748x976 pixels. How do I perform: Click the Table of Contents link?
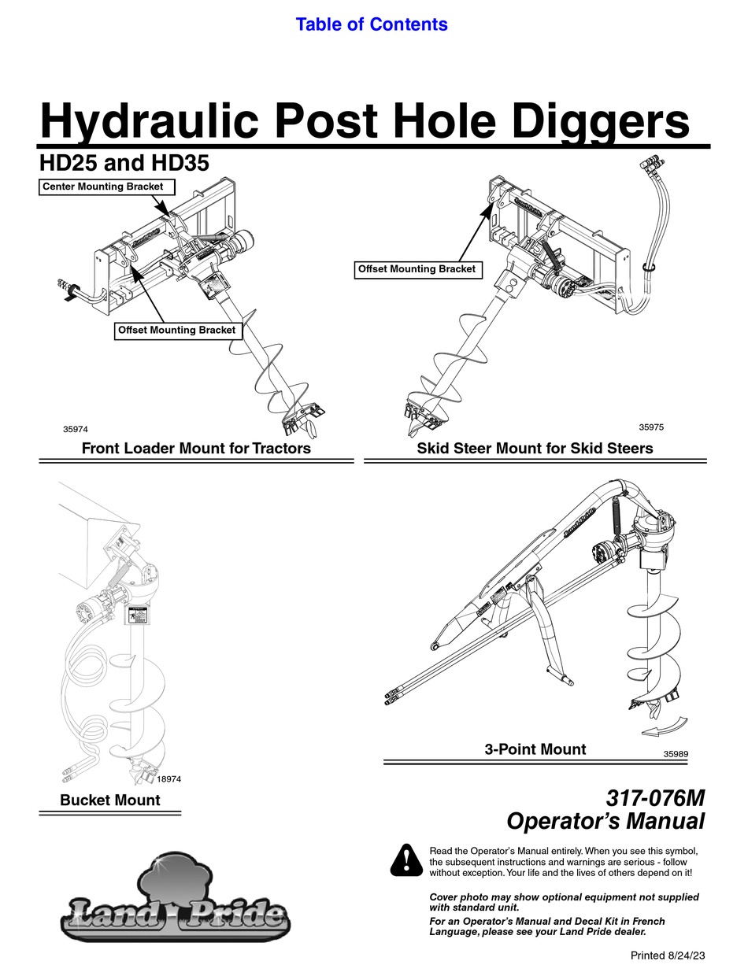coord(372,24)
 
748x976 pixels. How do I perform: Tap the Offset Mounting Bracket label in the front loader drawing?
coord(176,331)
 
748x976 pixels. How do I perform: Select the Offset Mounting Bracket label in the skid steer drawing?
coord(417,269)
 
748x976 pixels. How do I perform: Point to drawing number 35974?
coord(76,429)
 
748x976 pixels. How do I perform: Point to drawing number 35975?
coord(650,427)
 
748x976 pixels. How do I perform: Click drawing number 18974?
coord(169,778)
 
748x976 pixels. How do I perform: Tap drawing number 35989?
coord(676,753)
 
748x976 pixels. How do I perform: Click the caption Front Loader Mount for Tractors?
coord(196,449)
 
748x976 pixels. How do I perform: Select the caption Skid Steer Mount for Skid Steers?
coord(535,449)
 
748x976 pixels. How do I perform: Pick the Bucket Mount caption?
coord(110,800)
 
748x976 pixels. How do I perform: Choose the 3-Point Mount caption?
coord(535,749)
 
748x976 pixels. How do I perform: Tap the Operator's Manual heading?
coord(605,822)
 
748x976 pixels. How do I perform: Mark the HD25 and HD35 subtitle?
coord(124,164)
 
